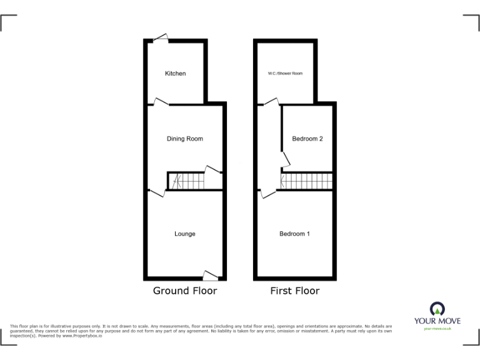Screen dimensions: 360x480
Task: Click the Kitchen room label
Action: click(175, 74)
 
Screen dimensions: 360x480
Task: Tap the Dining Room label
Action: click(184, 139)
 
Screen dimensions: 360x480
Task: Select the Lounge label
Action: click(184, 234)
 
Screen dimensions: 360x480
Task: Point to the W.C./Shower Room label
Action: click(285, 74)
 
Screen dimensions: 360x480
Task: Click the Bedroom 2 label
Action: click(307, 139)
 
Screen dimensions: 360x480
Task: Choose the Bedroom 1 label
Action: click(294, 234)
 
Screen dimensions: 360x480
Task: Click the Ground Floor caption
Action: click(185, 291)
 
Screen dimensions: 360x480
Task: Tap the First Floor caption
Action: click(294, 291)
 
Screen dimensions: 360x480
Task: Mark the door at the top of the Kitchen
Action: click(162, 38)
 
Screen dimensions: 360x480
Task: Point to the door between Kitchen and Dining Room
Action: click(161, 101)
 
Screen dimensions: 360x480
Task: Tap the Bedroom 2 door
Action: click(285, 159)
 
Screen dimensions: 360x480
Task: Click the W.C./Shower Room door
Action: click(270, 102)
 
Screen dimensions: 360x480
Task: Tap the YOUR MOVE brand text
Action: click(437, 321)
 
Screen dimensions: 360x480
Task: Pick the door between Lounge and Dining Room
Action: click(157, 192)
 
